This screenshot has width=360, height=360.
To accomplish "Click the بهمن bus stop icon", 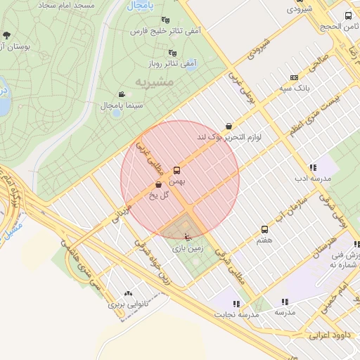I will click(x=176, y=169).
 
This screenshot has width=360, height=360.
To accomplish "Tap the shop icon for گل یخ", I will click(x=158, y=185).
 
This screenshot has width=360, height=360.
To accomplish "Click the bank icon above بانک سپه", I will click(x=293, y=77).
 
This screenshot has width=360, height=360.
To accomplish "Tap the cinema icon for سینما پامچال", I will click(x=122, y=94).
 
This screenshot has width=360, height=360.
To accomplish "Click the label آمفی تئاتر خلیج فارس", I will click(x=166, y=31).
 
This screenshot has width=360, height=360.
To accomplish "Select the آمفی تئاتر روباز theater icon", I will click(x=172, y=52).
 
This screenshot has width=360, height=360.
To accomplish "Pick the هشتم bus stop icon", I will click(x=264, y=229).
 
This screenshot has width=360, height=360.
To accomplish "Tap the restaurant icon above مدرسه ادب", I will click(x=313, y=167).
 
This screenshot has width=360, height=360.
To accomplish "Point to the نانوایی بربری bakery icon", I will click(x=127, y=294).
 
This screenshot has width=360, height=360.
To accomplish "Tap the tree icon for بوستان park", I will click(x=6, y=34).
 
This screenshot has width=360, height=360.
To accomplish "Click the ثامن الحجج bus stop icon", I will click(x=347, y=15).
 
